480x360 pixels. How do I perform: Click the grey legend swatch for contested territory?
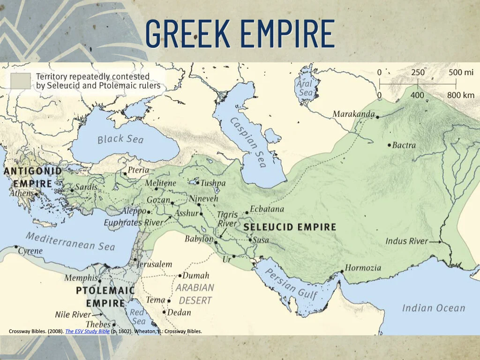[x=21, y=81]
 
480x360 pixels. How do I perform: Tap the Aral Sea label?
[x=305, y=88]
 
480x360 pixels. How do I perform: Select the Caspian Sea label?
[x=248, y=142]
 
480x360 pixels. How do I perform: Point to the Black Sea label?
[x=120, y=139]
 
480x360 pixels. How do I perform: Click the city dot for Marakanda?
[x=378, y=116]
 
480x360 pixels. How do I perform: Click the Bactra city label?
[x=404, y=145]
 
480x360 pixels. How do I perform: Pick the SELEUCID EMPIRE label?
[x=290, y=227]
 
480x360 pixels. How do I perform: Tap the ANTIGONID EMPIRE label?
[x=32, y=177]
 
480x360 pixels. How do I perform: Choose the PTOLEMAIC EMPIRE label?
[x=105, y=297]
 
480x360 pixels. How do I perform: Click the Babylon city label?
[x=198, y=239]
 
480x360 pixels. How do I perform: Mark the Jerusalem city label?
[x=155, y=264]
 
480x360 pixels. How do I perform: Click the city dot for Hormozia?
[x=342, y=271]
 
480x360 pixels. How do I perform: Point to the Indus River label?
[x=406, y=241]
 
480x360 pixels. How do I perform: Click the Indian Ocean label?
[x=433, y=308]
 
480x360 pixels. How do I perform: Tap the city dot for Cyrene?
[x=16, y=247]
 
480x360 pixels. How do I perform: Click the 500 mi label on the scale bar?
[x=461, y=73]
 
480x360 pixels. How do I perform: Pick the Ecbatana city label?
[x=267, y=209]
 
